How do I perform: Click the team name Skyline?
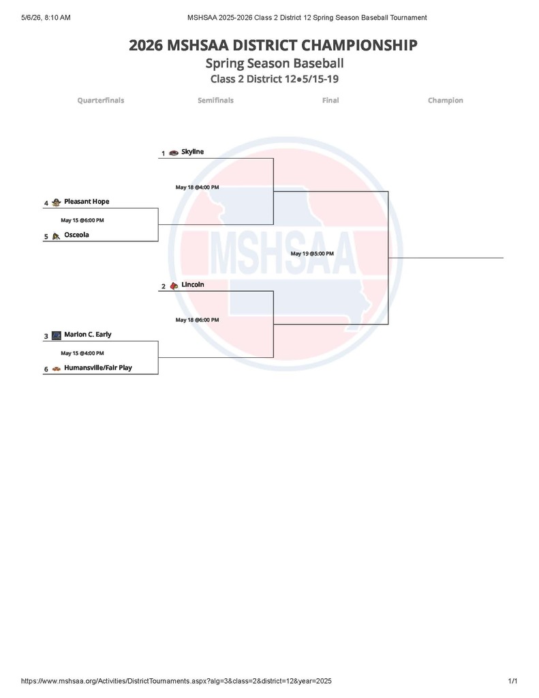coord(192,152)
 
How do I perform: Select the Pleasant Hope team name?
coord(87,202)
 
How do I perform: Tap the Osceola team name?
coord(76,234)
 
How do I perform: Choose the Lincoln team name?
coord(193,284)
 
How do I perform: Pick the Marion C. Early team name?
coord(88,334)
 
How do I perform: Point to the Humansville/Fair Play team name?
coord(98,367)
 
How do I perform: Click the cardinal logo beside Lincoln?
coord(174,286)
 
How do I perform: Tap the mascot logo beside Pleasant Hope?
coord(56,202)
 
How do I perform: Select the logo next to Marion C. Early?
coord(57,335)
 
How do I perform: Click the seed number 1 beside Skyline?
coord(164,153)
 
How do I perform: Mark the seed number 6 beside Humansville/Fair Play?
coord(46,369)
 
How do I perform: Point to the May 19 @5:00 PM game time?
coord(312,254)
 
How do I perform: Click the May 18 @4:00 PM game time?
coord(197,187)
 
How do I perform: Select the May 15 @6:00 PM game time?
coord(82,220)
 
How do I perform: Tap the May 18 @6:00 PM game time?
coord(197,320)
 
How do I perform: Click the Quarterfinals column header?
coord(101,101)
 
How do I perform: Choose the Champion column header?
coord(446,101)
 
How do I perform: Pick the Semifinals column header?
coord(215,101)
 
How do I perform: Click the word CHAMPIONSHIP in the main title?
coord(359,46)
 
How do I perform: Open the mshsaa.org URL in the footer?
coord(176,681)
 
